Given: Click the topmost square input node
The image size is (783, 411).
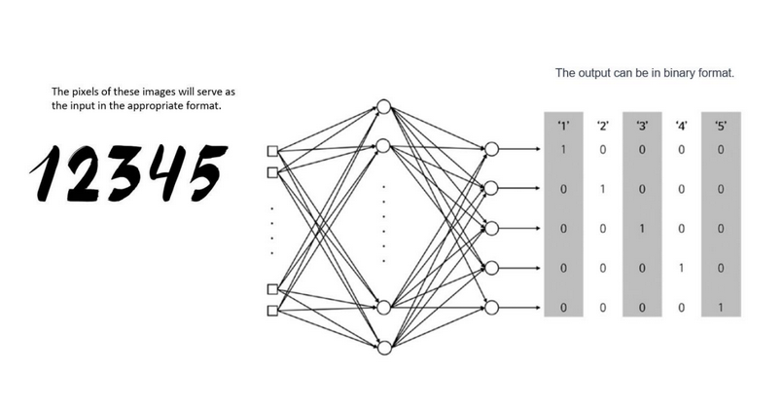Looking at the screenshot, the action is (273, 151).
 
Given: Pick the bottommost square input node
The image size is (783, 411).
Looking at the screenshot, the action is (273, 311).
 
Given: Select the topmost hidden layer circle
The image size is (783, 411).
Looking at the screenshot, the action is (383, 106).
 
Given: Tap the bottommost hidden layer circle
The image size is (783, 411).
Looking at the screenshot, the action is (383, 348).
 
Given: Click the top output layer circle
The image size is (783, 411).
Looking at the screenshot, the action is (491, 150).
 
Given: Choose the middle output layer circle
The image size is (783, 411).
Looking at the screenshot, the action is (491, 229).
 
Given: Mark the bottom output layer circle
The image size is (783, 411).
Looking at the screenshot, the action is (491, 308).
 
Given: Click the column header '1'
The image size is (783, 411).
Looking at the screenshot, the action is (563, 126).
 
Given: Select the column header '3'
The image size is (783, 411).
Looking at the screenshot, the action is (642, 126).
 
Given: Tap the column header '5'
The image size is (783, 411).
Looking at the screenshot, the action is (720, 126).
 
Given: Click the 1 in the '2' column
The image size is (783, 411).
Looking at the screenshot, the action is (603, 189).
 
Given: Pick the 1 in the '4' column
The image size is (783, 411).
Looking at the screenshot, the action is (681, 268).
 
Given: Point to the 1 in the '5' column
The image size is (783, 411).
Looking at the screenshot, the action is (720, 308).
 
